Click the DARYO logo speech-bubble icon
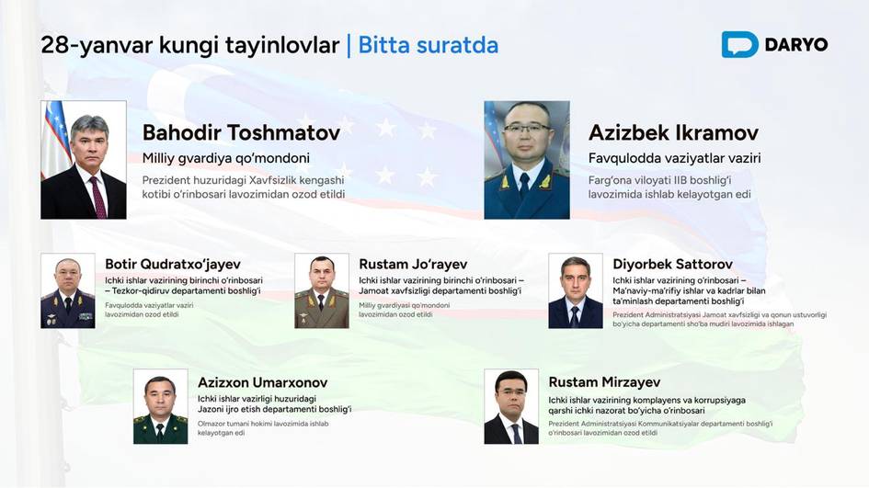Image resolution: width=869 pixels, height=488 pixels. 739,44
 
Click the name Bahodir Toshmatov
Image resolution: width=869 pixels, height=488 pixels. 241,132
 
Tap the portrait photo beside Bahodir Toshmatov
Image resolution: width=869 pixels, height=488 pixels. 84,160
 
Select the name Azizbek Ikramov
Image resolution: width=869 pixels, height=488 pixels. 673,132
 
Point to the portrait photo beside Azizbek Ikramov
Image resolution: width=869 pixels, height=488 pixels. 527,160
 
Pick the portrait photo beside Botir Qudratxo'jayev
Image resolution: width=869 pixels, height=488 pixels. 68,291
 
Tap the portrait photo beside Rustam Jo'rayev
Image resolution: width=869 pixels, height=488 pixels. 322,291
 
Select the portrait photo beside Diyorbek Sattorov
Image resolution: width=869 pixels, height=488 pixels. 576,291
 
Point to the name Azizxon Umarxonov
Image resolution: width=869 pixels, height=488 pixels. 262,381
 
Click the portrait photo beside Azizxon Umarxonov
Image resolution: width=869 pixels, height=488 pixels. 161,407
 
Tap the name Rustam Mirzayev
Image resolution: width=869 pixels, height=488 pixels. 604,381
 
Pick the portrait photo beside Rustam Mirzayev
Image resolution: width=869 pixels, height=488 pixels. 511,407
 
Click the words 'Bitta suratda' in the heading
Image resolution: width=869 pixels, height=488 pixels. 429,44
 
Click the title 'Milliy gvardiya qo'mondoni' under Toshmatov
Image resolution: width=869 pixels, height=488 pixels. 225,158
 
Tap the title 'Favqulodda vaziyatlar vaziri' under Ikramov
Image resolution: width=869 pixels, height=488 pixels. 674,158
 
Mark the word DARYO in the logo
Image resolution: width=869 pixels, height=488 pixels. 796,44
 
